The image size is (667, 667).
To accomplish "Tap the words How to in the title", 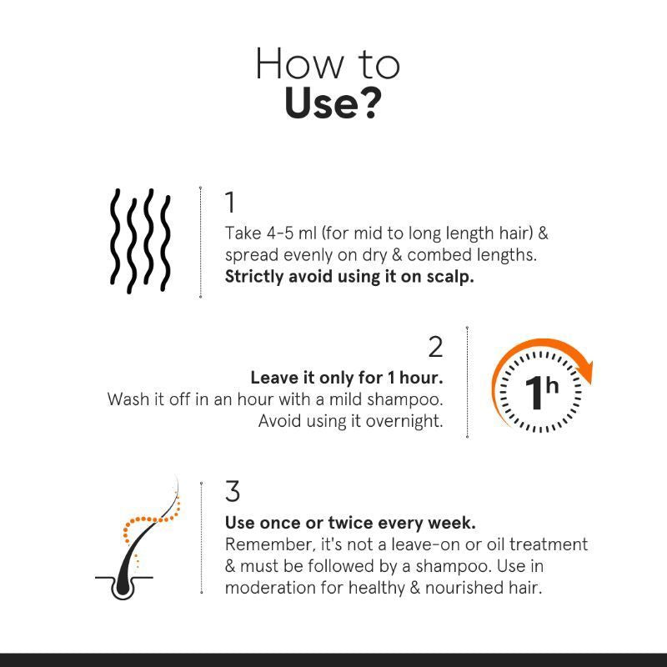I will [x=327, y=64].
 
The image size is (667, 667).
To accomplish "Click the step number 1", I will [x=230, y=203].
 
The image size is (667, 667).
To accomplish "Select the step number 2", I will [x=435, y=347].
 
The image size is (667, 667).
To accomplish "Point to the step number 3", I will [x=233, y=492].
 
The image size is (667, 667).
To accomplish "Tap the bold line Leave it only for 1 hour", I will [x=346, y=378].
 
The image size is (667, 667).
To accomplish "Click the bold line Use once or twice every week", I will [x=350, y=523].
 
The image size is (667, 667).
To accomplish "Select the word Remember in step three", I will [x=264, y=544].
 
